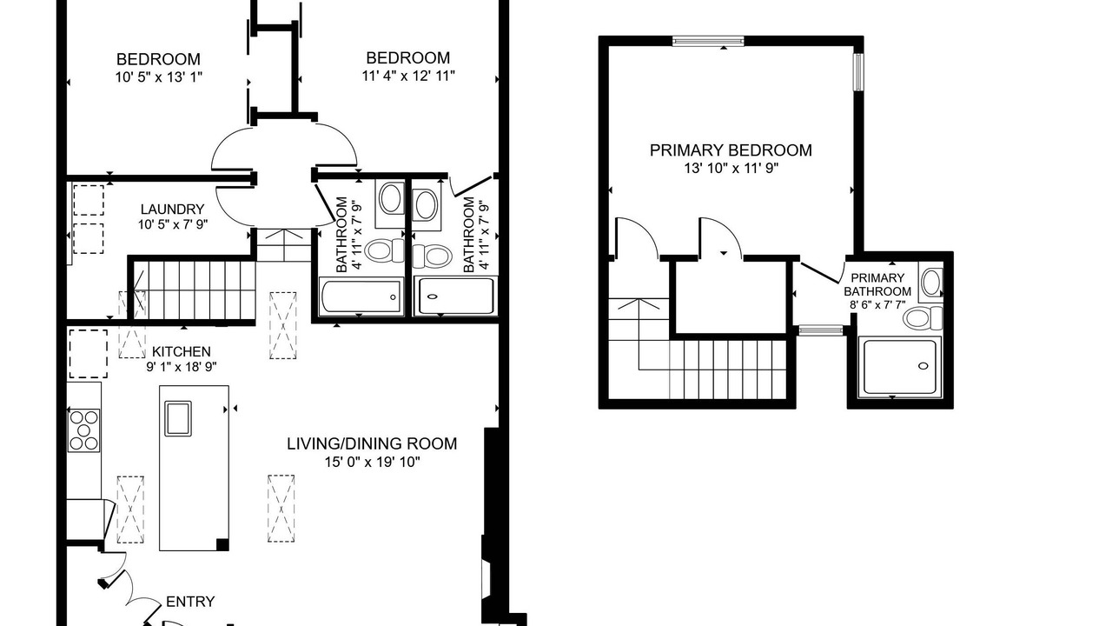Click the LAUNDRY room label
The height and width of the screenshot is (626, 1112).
point(172,210)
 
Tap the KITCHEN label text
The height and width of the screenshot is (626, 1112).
point(182,352)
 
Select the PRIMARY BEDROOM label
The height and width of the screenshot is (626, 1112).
point(731,150)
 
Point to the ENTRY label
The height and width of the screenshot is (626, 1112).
point(190,602)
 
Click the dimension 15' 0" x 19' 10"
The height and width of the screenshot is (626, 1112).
point(373,462)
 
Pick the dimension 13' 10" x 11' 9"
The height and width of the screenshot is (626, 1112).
point(731,169)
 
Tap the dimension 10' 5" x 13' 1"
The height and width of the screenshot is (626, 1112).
point(159,77)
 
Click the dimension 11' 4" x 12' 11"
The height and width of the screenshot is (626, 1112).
point(408,76)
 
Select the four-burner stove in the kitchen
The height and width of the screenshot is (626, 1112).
point(84,430)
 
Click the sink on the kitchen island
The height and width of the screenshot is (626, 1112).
point(178,418)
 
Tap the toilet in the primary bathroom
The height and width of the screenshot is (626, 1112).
point(923,318)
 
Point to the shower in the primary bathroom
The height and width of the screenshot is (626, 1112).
point(899,367)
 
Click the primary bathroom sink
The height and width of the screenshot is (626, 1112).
point(931,283)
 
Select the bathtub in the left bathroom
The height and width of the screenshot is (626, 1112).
point(361,296)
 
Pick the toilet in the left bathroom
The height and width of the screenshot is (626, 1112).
point(385,250)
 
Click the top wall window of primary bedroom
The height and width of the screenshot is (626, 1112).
point(708,41)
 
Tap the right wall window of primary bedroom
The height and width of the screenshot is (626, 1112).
point(858,72)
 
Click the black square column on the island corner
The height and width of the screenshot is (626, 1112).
point(222,544)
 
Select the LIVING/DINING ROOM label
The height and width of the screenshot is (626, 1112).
point(372,443)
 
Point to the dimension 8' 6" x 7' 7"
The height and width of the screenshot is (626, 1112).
point(877,305)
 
